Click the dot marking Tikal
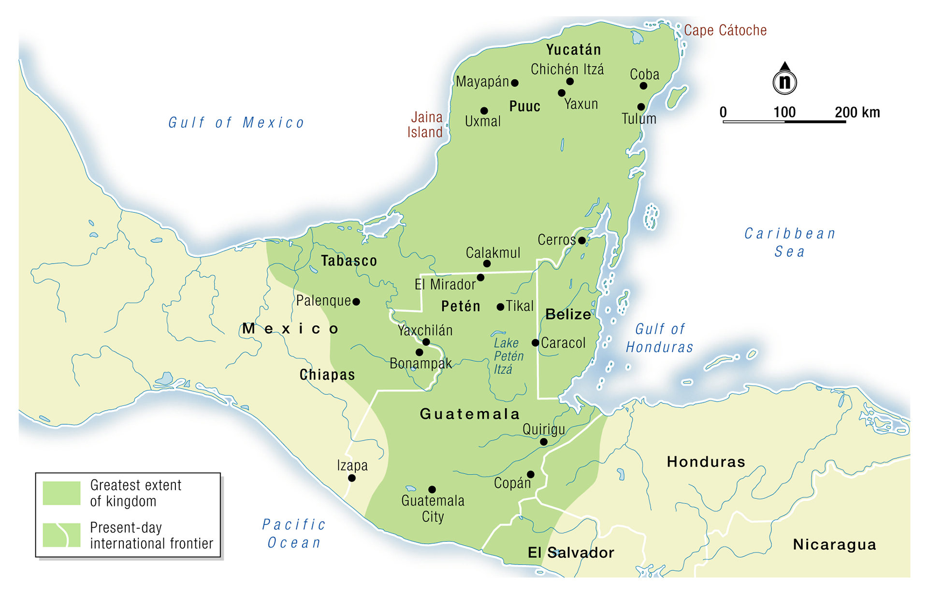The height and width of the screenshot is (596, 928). click(x=500, y=307)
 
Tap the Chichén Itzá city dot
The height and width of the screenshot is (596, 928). click(x=570, y=82)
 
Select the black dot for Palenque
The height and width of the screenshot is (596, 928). click(x=356, y=302)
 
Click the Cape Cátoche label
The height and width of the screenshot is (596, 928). click(x=725, y=30)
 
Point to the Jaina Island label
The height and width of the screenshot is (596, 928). click(x=425, y=125)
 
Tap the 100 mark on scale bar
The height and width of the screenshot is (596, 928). click(x=784, y=113)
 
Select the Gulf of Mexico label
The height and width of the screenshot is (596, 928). click(x=236, y=122)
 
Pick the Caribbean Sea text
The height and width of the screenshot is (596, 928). click(x=790, y=242)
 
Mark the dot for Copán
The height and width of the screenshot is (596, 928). click(x=530, y=475)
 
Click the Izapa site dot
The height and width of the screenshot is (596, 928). click(x=352, y=478)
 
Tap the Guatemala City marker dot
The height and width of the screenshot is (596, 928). click(x=432, y=490)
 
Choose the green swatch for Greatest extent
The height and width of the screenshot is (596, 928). click(x=61, y=493)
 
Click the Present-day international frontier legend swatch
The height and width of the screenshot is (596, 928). click(x=61, y=535)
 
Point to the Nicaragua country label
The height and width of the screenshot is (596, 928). click(x=834, y=545)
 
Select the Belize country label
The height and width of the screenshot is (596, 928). click(x=568, y=314)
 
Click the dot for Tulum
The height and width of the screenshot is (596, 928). click(x=641, y=107)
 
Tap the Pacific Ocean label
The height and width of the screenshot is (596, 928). click(x=294, y=534)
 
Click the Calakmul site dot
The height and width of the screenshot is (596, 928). click(x=487, y=264)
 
